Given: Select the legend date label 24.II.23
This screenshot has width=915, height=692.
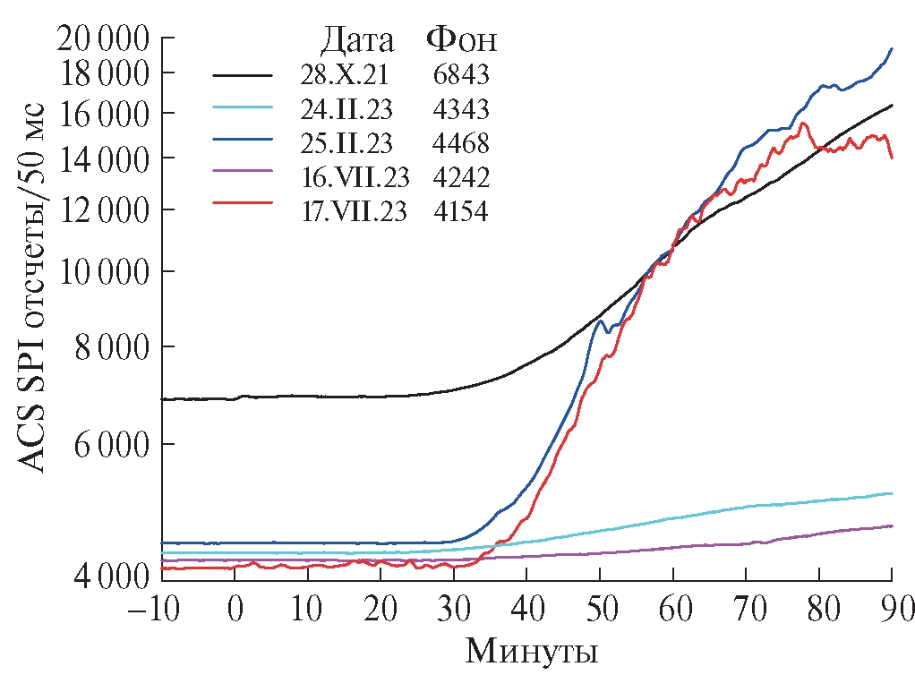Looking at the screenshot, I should tap(345, 109).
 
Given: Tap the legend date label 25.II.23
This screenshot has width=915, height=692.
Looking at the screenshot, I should tap(345, 143).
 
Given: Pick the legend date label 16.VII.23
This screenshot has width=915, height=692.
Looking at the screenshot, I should tap(355, 177).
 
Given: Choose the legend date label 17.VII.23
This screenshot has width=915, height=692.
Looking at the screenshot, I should tap(355, 211).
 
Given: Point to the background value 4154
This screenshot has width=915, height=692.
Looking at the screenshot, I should tap(462, 211).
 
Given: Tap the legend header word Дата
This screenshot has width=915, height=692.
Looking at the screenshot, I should tap(357, 41).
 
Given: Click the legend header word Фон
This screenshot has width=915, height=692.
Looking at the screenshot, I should tap(461, 41).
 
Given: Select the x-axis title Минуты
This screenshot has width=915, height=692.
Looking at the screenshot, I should tap(531, 651).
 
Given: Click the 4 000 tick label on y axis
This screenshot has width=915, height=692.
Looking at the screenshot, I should tap(98, 574).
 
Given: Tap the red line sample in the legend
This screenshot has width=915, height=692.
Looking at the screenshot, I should tap(243, 203).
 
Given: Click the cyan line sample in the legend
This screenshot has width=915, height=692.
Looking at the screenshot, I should tap(243, 106).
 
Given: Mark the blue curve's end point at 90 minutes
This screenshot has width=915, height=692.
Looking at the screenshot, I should tap(892, 48).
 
